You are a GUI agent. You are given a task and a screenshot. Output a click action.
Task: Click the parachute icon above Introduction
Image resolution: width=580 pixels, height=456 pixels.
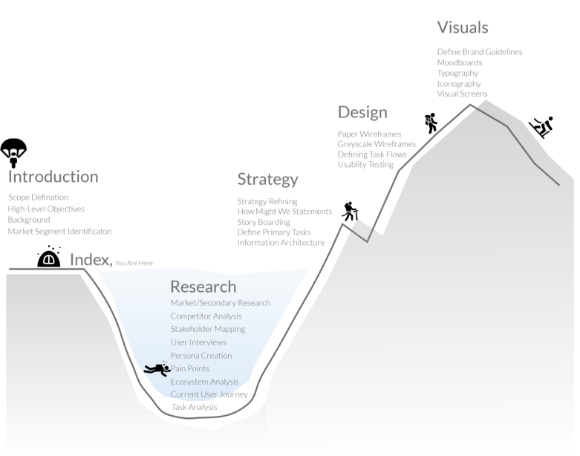13,152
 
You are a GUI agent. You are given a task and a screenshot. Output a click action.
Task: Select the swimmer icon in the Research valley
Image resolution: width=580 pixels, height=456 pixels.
157,369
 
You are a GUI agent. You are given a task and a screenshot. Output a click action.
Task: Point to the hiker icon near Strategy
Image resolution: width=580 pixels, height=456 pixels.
350,212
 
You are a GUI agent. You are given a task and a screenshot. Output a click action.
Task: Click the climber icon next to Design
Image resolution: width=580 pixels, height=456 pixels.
431,123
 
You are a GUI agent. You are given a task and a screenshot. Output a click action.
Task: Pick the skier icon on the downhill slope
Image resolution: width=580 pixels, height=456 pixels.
541,127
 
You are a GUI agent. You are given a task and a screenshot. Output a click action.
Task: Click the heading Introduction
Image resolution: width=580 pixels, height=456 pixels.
53,177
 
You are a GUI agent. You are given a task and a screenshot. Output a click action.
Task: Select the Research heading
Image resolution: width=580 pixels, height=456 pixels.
203,286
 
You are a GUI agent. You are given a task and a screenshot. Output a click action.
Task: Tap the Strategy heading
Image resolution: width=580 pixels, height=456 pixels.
267,179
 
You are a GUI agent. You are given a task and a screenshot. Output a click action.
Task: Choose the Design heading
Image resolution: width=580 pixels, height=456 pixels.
362,112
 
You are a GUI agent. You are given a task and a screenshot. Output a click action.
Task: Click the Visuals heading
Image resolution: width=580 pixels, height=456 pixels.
463,27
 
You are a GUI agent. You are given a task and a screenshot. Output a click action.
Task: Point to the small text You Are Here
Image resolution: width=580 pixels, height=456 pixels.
134,263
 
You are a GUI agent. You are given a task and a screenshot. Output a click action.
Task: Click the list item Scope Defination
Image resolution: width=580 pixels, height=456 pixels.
39,198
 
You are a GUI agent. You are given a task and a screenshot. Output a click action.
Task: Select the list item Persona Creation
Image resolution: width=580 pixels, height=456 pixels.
201,356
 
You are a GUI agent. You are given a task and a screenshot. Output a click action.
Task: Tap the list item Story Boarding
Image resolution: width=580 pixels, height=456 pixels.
263,222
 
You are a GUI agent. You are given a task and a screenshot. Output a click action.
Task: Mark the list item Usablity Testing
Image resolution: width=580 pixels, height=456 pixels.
365,165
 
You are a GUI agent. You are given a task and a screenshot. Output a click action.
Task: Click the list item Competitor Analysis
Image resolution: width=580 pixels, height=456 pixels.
206,316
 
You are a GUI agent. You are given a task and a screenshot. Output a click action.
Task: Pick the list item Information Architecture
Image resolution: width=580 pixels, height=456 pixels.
281,243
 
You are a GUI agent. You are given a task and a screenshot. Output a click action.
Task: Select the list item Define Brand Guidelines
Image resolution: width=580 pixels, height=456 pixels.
480,52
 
